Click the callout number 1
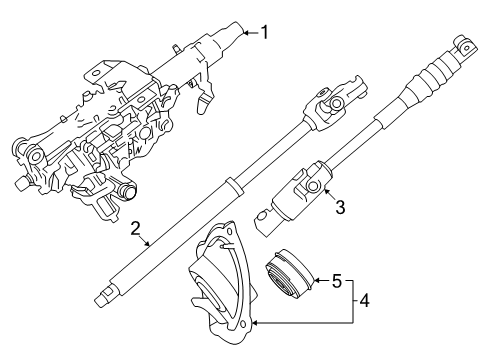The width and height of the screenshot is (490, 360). tap(265, 32)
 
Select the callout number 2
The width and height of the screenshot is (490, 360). tap(134, 229)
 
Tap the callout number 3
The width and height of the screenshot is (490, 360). tap(342, 207)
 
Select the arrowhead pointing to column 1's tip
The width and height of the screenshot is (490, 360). tap(245, 33)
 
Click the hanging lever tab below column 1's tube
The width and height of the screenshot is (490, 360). tap(207, 99)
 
